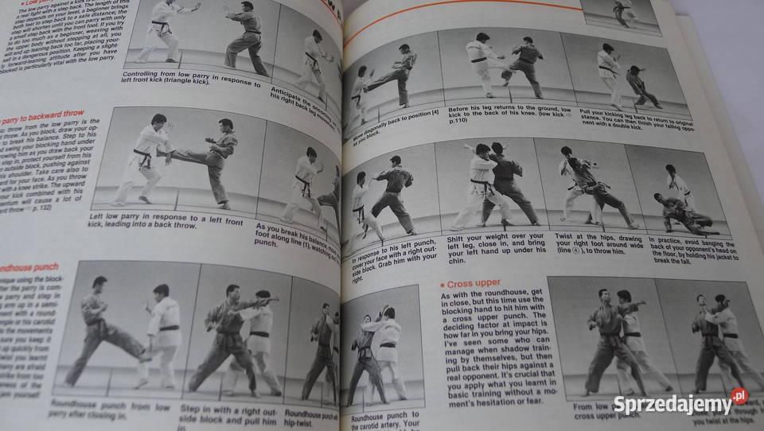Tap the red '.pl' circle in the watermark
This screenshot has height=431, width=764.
pos(739,396)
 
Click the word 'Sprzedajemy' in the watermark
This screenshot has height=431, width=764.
pos(672,405)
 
